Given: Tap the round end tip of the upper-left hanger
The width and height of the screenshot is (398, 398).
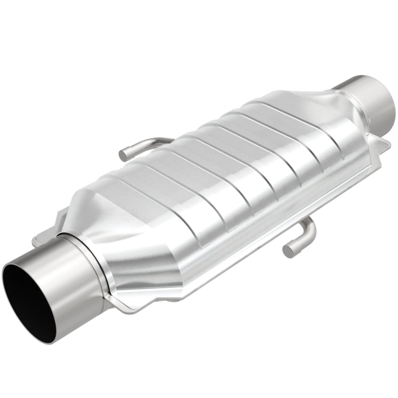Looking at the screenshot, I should tap(123, 155).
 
